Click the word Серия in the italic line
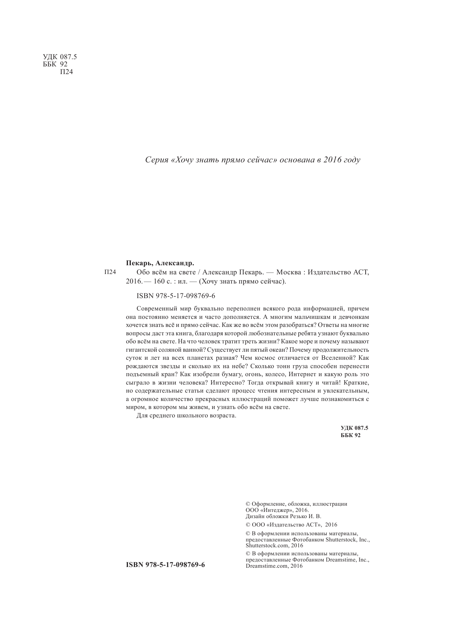pos(156,160)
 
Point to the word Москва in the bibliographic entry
pos(289,272)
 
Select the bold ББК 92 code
pos(350,435)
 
